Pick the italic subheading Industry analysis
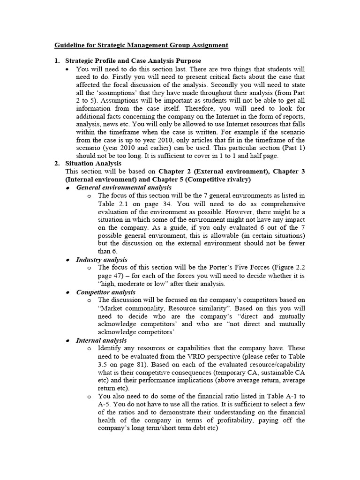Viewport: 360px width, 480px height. coord(101,259)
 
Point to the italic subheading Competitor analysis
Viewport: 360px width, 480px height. coord(105,292)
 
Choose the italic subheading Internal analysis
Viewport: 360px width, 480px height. coord(101,340)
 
